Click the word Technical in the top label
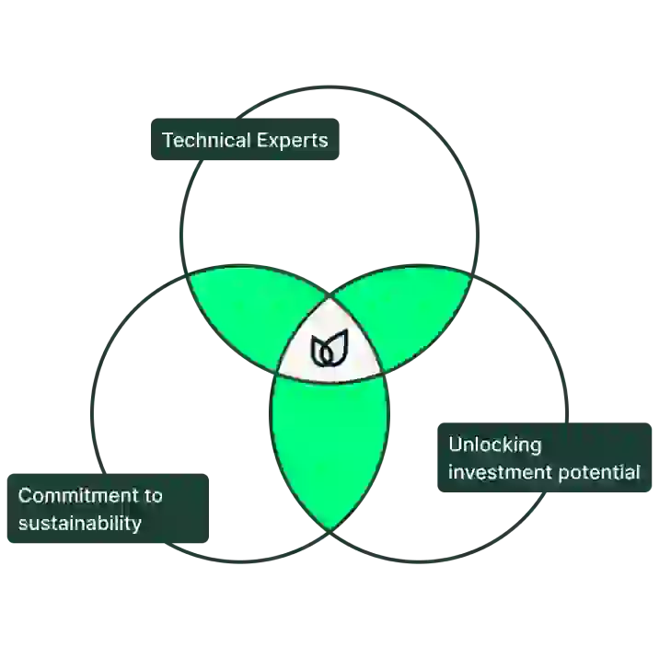tap(203, 140)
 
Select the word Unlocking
tap(494, 445)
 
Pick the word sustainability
tap(80, 524)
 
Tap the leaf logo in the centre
tap(329, 349)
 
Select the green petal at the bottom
tap(329, 442)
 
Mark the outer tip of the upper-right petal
tap(468, 273)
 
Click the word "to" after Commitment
tap(153, 495)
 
